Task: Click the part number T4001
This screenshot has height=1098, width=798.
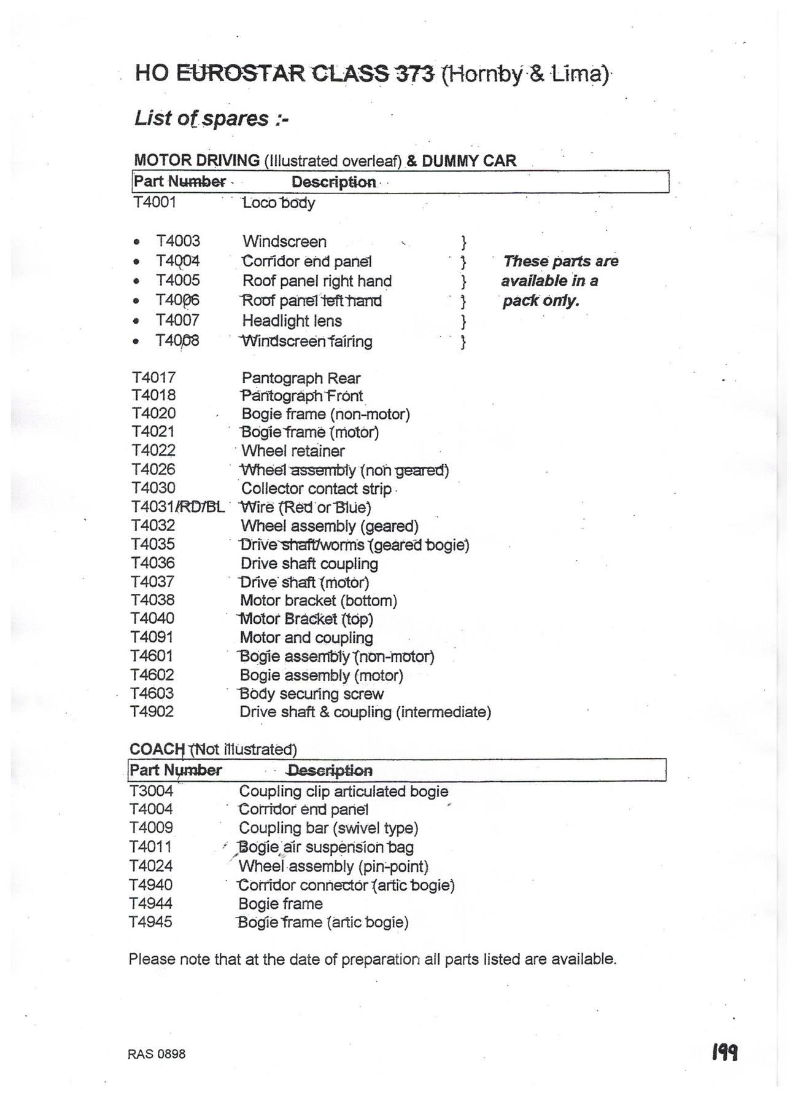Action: click(154, 202)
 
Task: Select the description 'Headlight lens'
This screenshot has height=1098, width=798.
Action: click(292, 321)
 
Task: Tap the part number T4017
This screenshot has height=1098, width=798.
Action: click(153, 378)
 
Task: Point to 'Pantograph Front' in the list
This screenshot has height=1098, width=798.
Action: click(302, 396)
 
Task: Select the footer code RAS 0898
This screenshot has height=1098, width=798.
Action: click(157, 1054)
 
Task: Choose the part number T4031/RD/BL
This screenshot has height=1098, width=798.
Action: click(177, 507)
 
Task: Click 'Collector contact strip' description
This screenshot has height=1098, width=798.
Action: click(316, 489)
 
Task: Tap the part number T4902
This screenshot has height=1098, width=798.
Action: click(152, 712)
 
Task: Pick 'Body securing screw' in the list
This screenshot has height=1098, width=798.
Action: click(311, 694)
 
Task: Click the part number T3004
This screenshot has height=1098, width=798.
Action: click(151, 791)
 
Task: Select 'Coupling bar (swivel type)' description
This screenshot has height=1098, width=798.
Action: click(328, 828)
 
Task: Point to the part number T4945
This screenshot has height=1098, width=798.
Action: click(150, 922)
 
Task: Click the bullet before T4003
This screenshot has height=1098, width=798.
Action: click(136, 241)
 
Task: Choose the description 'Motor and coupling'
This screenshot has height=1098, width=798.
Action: click(306, 637)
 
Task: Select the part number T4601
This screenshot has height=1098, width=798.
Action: click(152, 656)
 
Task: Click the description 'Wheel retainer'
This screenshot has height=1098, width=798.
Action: click(293, 451)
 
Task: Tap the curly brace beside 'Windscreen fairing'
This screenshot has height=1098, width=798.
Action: click(464, 341)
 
